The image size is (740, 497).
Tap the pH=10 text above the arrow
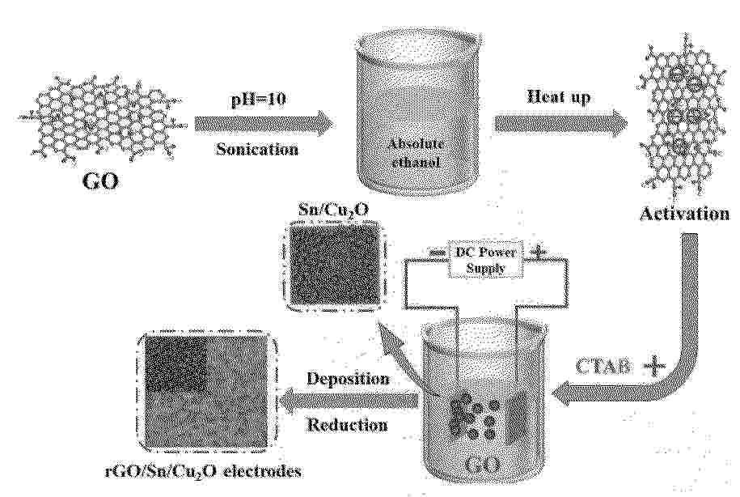coord(257,100)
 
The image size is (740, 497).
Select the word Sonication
coord(257,149)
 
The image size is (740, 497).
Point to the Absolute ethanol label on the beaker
coord(416,153)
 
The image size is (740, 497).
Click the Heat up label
coord(558,97)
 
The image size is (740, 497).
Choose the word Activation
coord(684,214)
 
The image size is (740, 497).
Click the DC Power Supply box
coord(485,261)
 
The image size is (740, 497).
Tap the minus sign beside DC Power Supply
coord(438,253)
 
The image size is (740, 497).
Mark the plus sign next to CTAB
coord(654,367)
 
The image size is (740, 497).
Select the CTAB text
coord(603,367)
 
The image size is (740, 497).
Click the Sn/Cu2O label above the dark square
coord(334,210)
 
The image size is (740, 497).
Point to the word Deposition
coord(348,379)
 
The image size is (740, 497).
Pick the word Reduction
coord(347,425)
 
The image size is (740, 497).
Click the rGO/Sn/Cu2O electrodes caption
coord(203,471)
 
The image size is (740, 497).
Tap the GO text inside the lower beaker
coord(481,465)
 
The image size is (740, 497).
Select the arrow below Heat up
coord(560,124)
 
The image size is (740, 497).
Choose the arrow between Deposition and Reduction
coord(349,401)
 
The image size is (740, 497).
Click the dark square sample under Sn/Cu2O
coord(335,266)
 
